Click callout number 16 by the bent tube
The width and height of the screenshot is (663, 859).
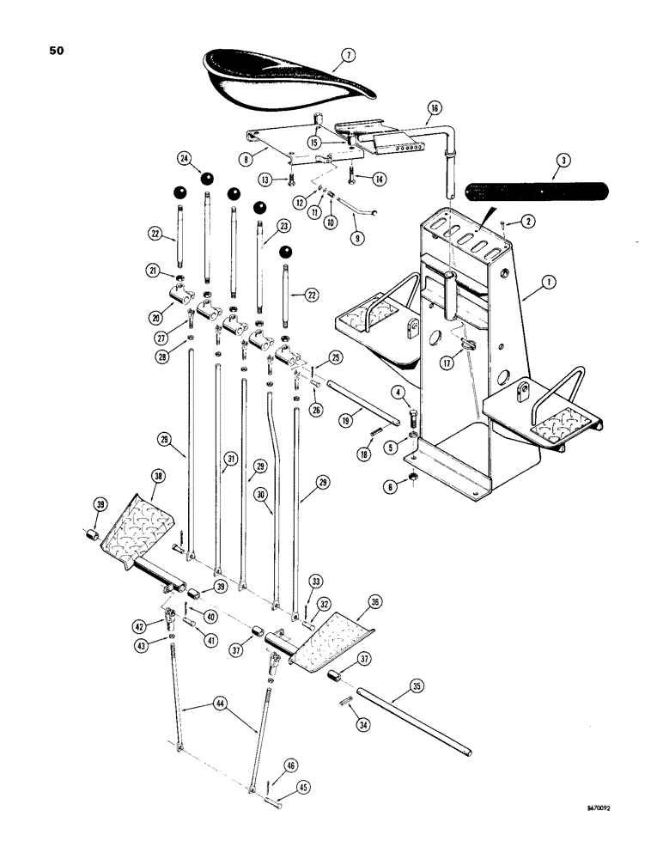click(433, 108)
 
